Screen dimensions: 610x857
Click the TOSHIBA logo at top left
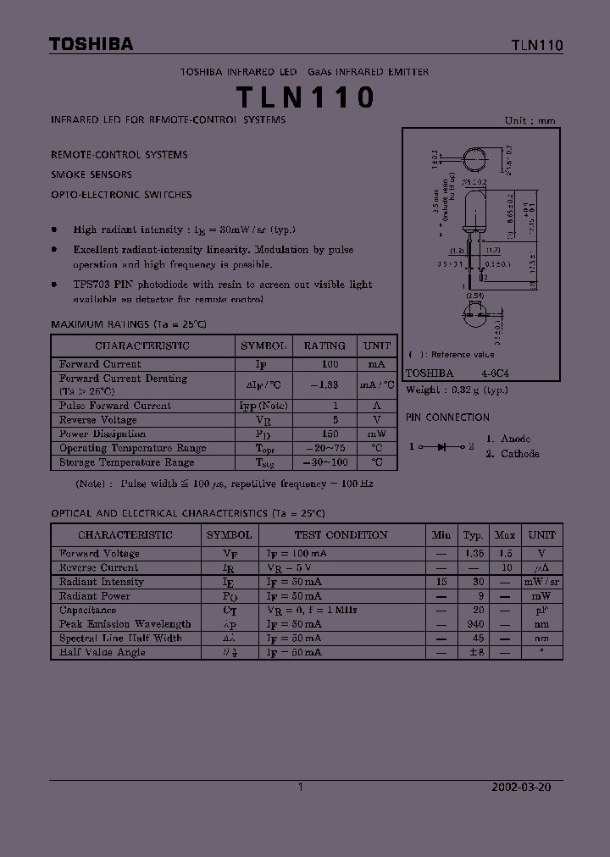(91, 44)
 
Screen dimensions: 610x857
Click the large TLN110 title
(305, 98)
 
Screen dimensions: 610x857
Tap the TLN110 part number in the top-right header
(537, 45)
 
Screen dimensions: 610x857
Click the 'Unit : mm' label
(530, 120)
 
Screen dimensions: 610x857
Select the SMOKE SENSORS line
(91, 174)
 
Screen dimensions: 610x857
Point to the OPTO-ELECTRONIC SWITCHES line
(121, 195)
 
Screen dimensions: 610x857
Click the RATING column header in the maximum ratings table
(324, 346)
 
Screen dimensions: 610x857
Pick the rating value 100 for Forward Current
(330, 364)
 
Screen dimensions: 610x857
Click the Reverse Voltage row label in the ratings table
(98, 420)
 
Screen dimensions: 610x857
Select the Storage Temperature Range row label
(127, 462)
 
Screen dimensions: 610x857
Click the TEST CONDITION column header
(341, 535)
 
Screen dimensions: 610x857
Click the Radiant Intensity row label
(102, 582)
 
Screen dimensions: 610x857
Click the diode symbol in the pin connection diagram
(441, 445)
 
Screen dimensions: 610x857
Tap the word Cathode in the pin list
(519, 454)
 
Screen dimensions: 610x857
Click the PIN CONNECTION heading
(447, 417)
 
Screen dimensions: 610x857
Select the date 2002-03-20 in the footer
(522, 787)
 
